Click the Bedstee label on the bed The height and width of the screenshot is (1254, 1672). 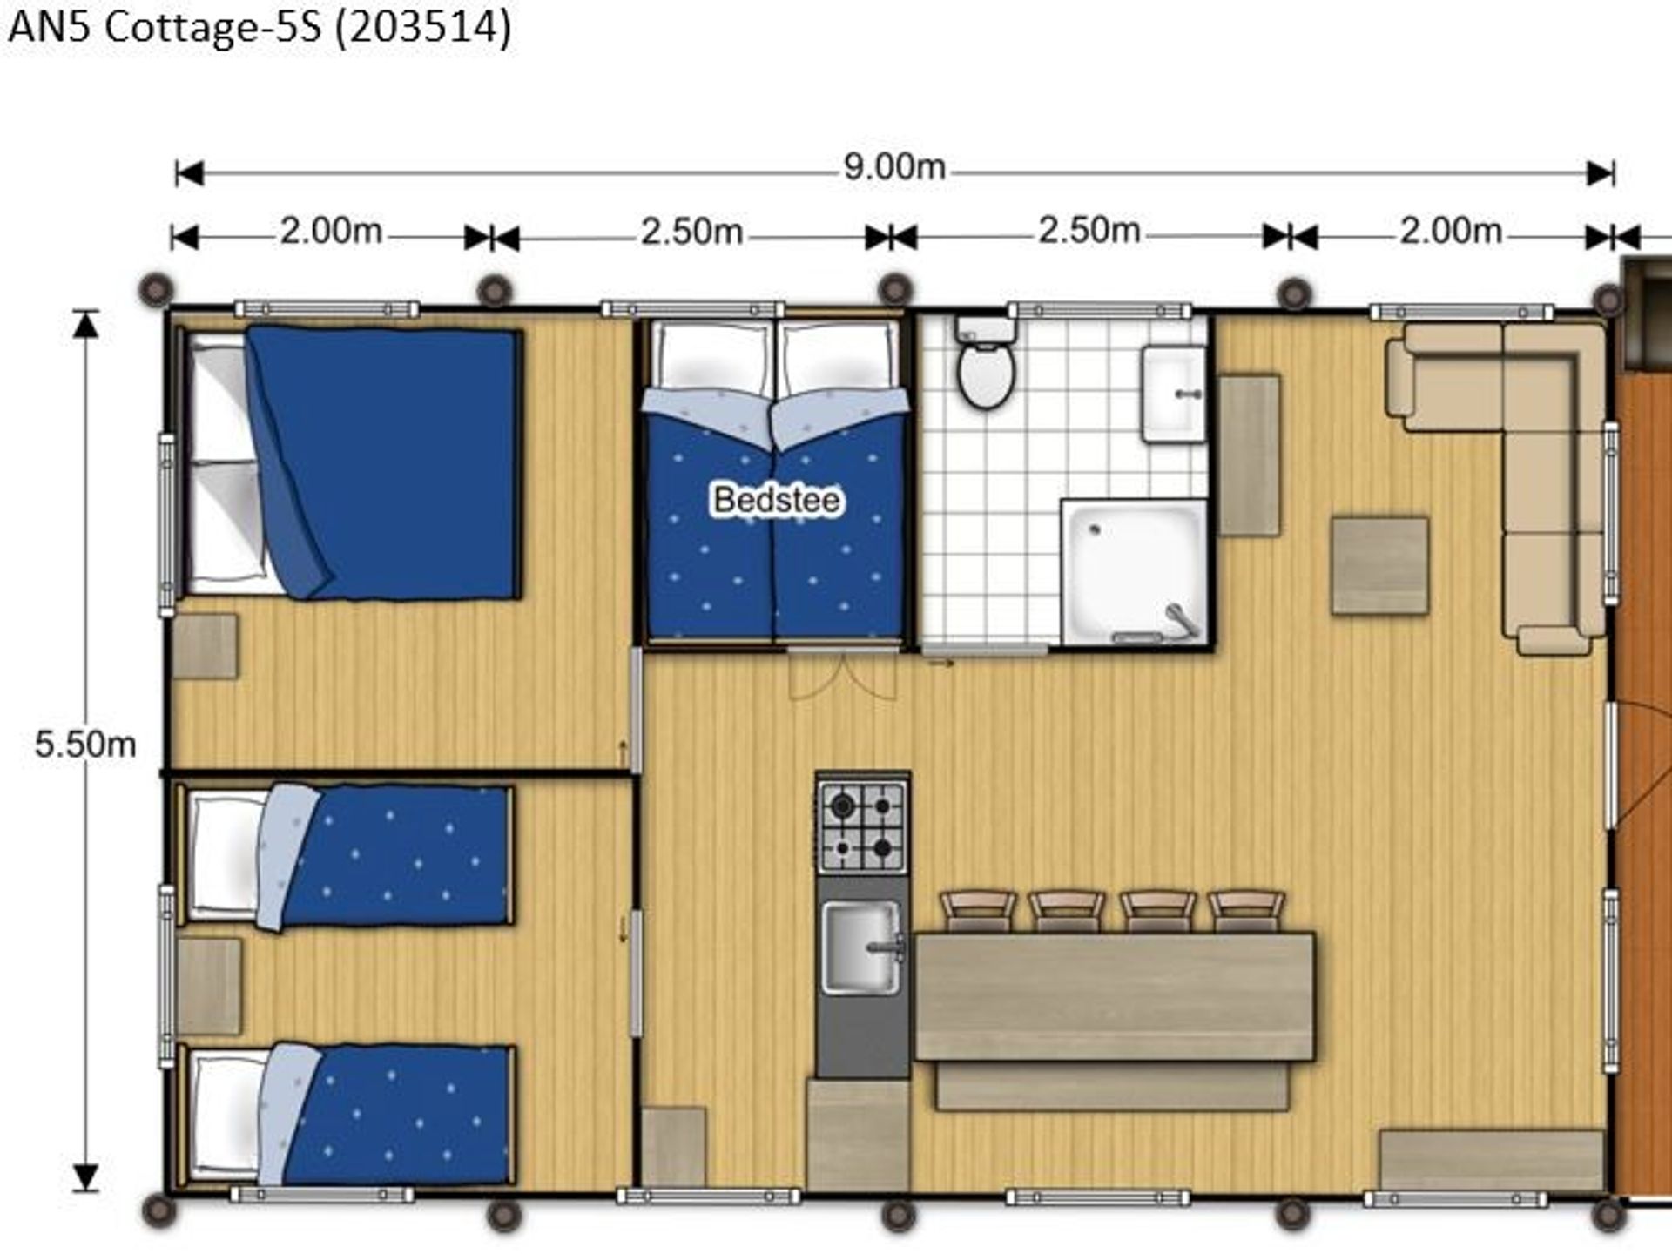point(777,500)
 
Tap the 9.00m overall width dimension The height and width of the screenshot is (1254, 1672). point(894,166)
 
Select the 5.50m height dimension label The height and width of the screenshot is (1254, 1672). point(85,745)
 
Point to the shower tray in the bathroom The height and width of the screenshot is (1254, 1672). point(1134,572)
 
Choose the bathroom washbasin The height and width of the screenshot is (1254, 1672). point(1174,394)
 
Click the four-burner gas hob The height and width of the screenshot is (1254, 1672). point(862,826)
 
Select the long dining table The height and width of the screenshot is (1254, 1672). point(1114,997)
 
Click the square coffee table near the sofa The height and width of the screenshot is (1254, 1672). point(1379,565)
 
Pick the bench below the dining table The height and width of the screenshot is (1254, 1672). point(1112,1086)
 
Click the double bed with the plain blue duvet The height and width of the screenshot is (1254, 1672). point(348,462)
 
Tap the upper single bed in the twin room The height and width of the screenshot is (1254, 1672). point(346,857)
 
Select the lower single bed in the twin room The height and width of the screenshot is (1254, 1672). point(346,1116)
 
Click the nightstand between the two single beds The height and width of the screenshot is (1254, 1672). point(209,986)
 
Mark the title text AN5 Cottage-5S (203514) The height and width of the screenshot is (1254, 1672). point(260,28)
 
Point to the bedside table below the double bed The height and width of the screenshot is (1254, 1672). point(206,646)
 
